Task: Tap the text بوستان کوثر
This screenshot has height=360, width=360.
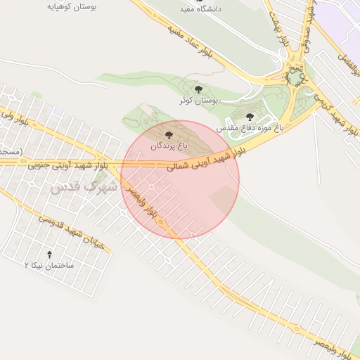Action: pos(198,101)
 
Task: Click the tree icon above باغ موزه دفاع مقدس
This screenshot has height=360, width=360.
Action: pos(250,117)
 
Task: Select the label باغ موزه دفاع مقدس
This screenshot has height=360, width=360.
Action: pos(249,129)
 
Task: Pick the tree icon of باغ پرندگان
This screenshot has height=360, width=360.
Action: pos(167,134)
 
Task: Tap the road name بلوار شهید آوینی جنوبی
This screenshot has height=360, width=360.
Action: pos(67,166)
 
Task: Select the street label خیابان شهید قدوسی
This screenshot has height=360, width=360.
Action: pos(63,228)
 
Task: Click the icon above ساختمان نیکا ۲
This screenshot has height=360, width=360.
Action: pos(49,254)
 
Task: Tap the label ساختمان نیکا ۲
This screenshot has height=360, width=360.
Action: pos(49,266)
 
